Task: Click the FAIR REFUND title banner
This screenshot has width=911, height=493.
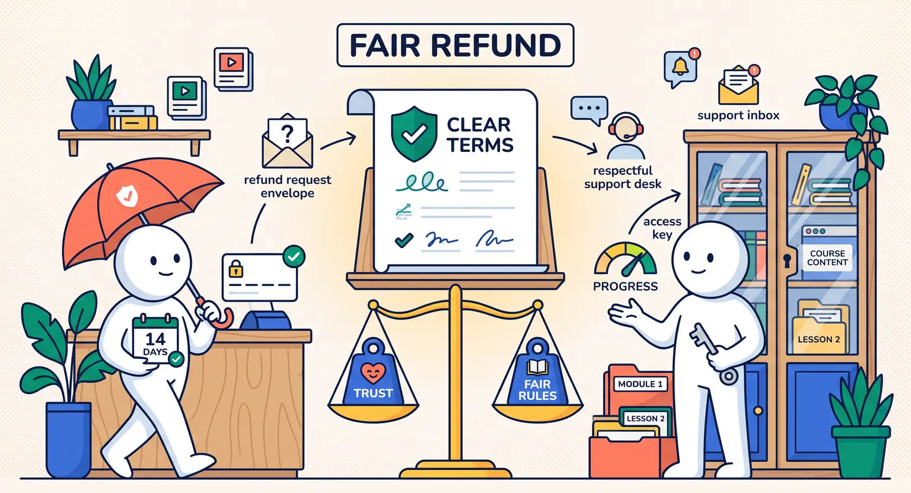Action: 455,45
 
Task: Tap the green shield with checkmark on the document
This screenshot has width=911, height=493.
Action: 414,134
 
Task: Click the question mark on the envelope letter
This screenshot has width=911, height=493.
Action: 287,133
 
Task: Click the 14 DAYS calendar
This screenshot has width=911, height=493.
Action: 156,340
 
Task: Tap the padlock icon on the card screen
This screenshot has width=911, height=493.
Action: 236,269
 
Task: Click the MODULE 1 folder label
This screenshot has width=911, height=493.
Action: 640,384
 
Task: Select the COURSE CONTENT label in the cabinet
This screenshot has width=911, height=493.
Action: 827,258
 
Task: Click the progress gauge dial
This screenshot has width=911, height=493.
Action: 625,259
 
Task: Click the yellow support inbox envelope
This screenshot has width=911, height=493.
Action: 738,86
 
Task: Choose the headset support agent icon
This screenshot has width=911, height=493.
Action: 626,136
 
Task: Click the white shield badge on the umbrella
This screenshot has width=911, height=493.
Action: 128,195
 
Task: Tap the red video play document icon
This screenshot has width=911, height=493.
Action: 232,69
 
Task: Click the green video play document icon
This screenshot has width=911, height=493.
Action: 186,98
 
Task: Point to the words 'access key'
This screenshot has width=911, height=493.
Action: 662,228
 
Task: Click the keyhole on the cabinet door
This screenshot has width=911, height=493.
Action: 787,260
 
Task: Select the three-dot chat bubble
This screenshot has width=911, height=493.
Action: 589,110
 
